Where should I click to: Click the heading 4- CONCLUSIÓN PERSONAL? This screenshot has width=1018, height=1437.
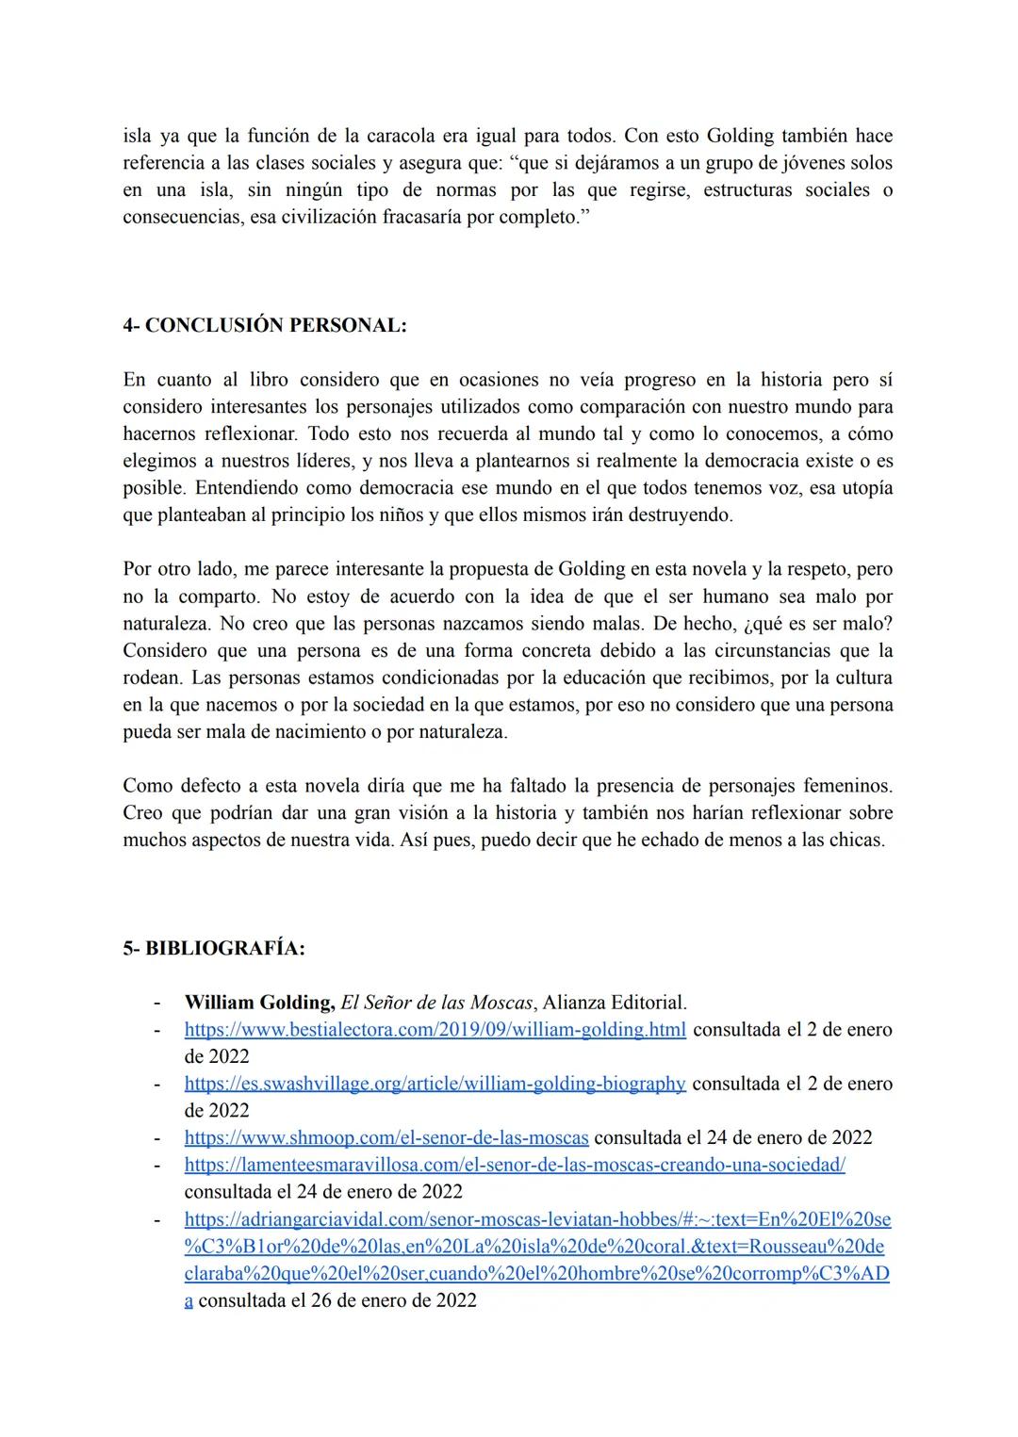coord(265,326)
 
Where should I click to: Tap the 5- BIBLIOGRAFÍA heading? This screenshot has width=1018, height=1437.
coord(214,949)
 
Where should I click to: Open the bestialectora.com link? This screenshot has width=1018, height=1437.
coord(435,1030)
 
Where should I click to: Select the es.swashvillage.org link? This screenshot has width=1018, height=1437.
coord(435,1084)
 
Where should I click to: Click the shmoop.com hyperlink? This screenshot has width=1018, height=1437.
coord(386,1138)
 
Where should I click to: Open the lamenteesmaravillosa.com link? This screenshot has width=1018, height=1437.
coord(515,1165)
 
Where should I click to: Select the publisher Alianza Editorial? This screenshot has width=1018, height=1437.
coord(615,1003)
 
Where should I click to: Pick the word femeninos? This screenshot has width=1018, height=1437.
coord(847,786)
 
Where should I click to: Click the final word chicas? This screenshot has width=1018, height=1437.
coord(856,841)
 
